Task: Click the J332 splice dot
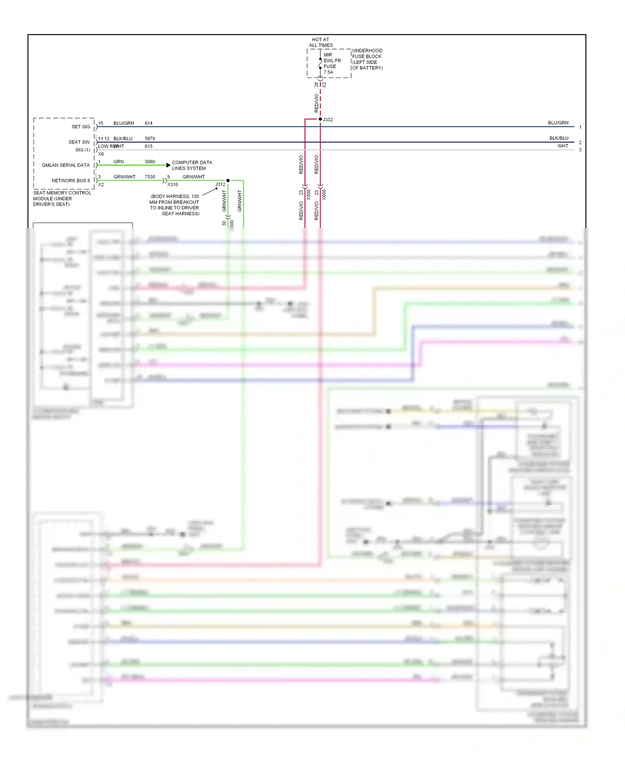coord(320,119)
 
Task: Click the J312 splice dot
coord(228,180)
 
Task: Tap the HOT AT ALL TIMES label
coord(320,42)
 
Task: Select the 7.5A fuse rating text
coord(328,72)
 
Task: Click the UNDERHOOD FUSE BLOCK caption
coord(367,59)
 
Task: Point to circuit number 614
coord(149,123)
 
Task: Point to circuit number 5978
coord(150,139)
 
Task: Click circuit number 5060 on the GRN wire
coord(150,162)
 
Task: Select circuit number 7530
coord(150,177)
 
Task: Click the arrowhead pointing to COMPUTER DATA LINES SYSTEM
coord(168,165)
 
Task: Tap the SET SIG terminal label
coord(80,127)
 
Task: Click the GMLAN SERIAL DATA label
coord(65,165)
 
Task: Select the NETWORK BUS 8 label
coord(70,181)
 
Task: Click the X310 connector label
coord(172,184)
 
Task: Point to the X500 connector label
coord(309,194)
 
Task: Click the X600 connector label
coord(324,194)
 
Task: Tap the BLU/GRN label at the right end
coord(558,123)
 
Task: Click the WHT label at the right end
coord(562,146)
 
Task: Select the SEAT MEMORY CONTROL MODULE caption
coord(62,199)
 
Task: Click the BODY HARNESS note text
coord(175,205)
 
